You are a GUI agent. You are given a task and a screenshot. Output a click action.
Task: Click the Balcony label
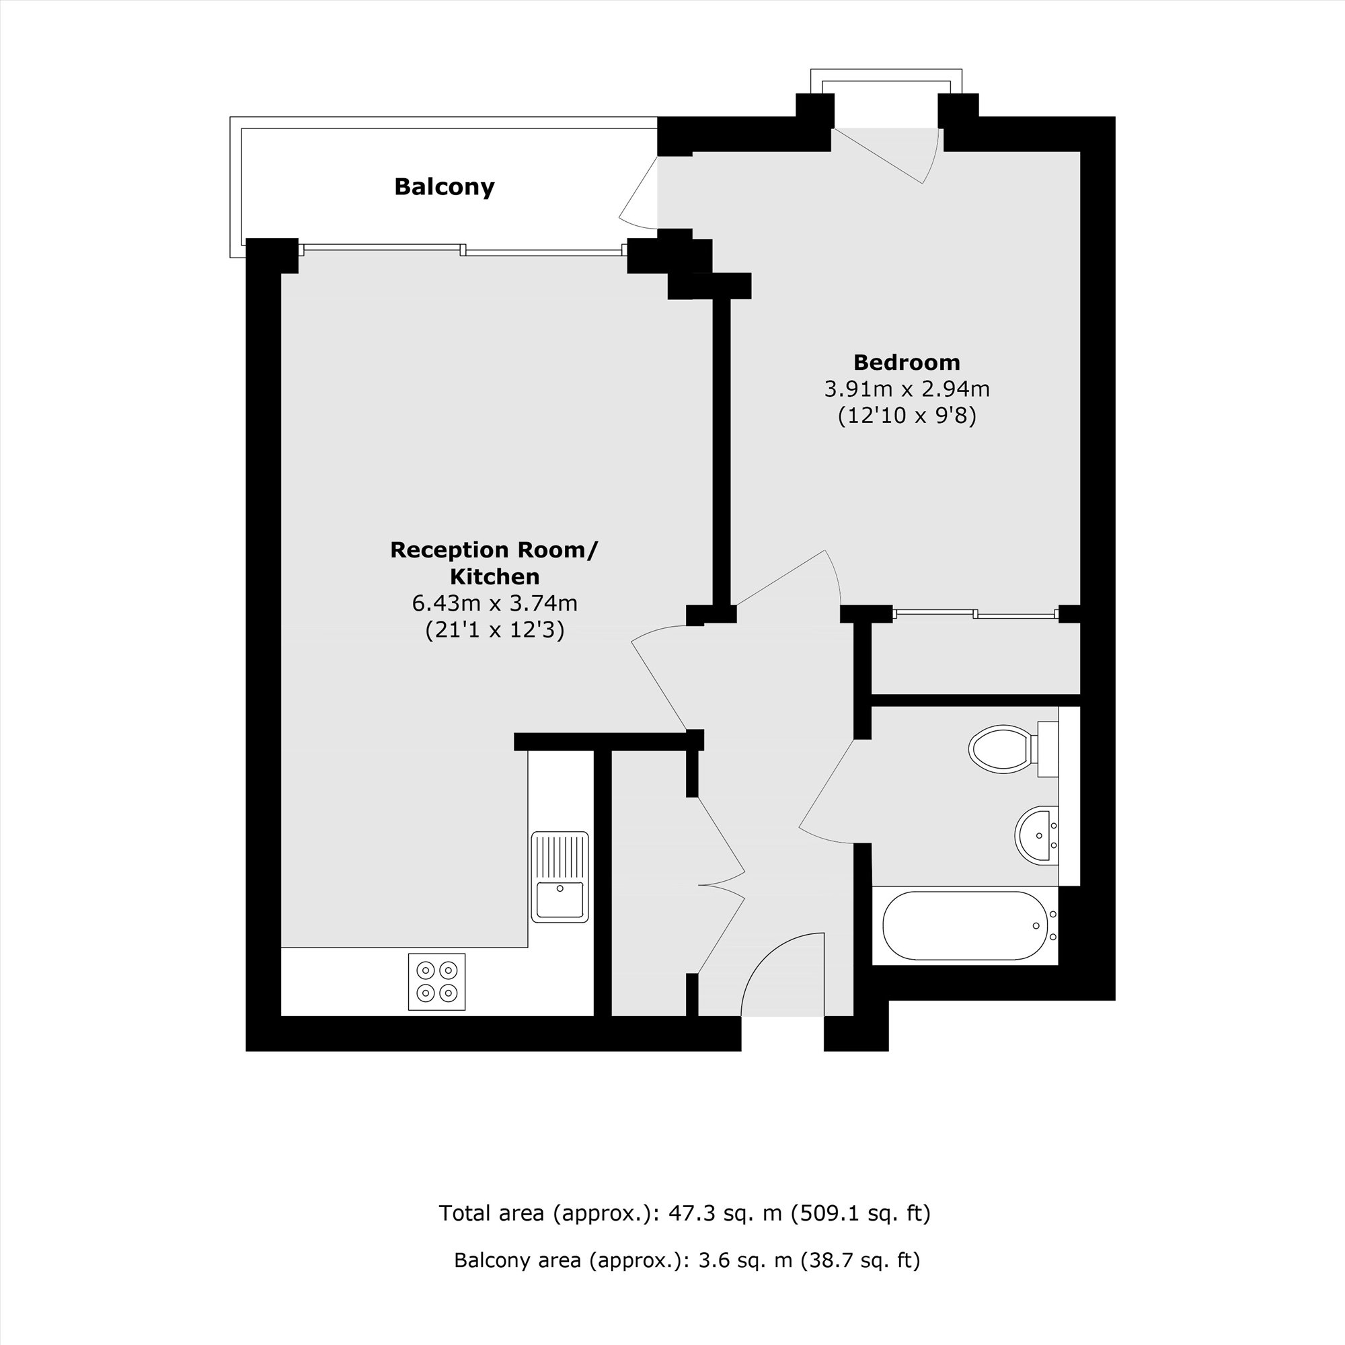pos(444,186)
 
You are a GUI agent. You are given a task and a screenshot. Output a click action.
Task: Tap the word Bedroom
pos(907,362)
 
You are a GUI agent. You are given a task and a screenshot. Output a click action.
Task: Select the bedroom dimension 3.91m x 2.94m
pos(907,389)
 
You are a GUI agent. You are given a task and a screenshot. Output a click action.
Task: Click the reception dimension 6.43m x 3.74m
pos(494,603)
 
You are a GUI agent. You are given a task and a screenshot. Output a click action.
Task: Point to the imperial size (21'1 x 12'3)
pos(494,630)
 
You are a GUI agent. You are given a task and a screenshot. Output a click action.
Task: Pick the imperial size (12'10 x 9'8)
pos(907,416)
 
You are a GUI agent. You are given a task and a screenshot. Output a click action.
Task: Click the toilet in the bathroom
pos(1013,749)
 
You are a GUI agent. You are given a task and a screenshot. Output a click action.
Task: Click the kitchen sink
pos(560,877)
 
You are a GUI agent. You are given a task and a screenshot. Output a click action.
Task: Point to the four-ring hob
pos(436,982)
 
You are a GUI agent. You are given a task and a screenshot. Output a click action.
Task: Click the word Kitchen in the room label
pos(494,576)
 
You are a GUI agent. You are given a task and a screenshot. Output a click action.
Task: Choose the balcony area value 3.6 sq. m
pos(746,1260)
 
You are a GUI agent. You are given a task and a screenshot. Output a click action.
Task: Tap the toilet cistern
pos(1048,749)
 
